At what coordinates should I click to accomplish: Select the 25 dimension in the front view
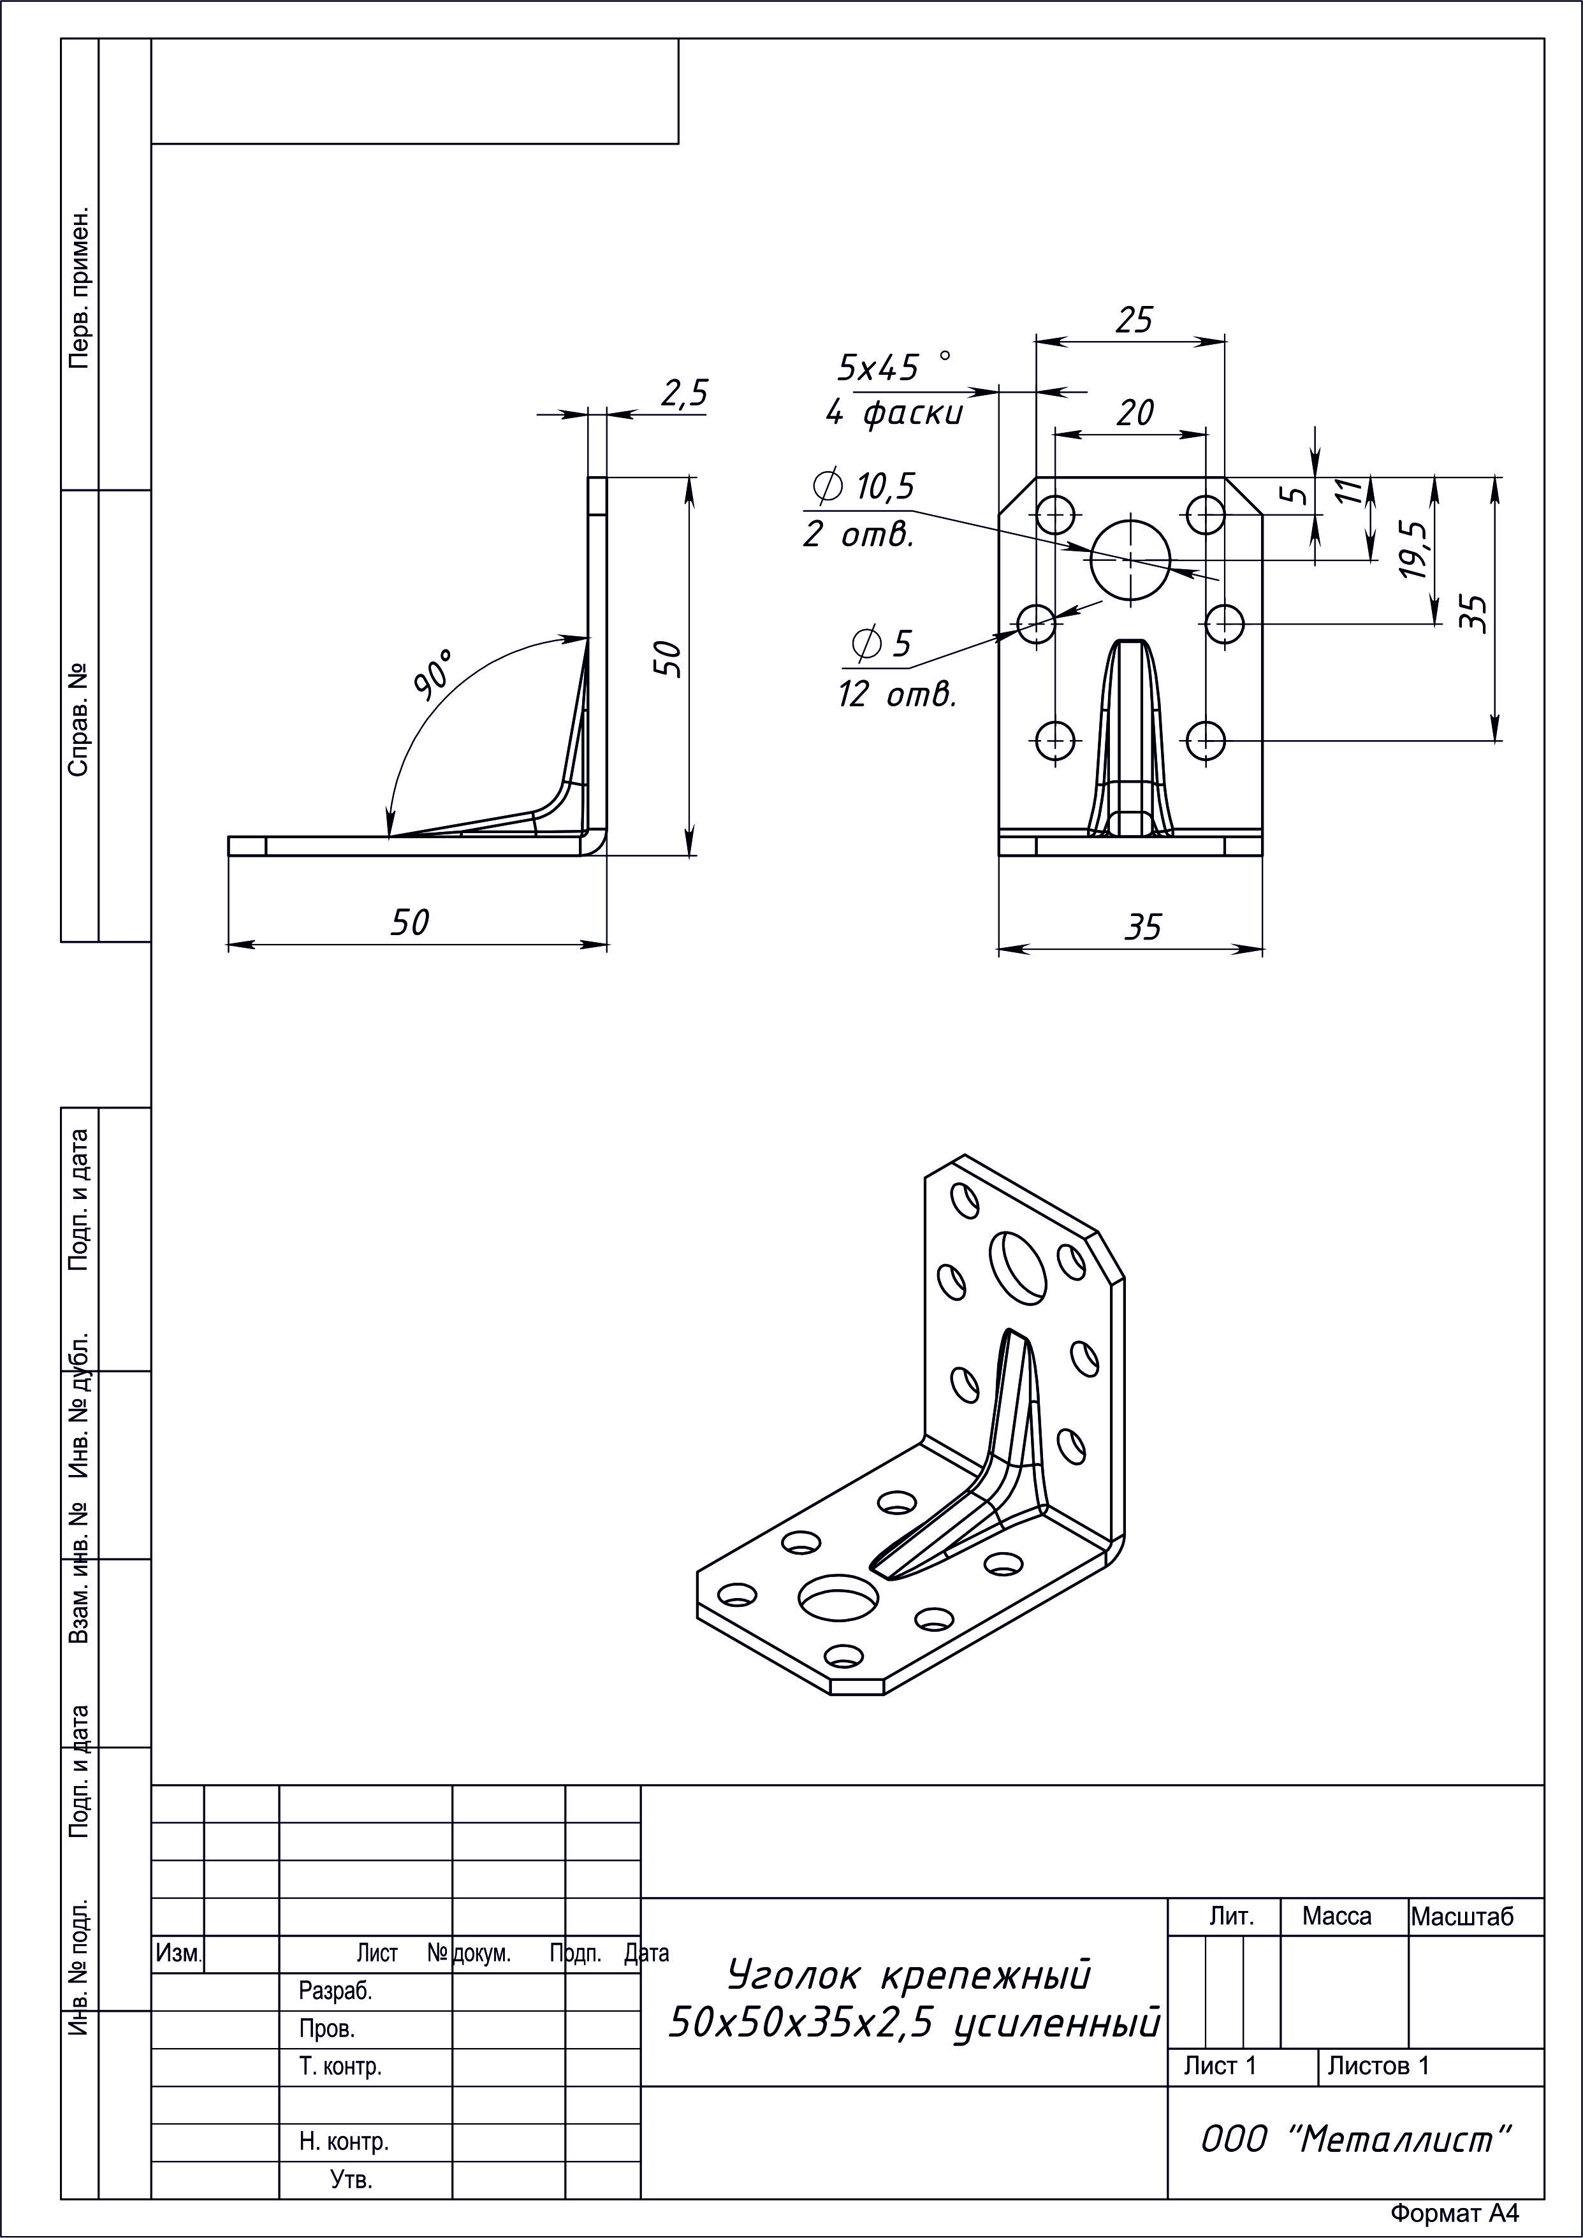[x=1134, y=320]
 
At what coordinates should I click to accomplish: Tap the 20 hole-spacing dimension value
[x=1135, y=413]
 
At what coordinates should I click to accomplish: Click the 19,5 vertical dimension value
[x=1413, y=549]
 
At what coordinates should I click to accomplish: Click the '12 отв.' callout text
[x=897, y=695]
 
